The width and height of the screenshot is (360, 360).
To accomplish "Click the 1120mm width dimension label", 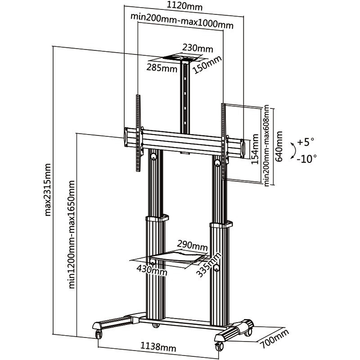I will click(x=184, y=7).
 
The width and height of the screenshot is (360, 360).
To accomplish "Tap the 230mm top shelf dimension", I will click(x=198, y=48).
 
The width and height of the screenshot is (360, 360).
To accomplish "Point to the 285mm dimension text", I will click(x=162, y=68).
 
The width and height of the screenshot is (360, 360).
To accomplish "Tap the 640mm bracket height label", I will click(x=279, y=147).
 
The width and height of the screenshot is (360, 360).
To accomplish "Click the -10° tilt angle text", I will click(x=307, y=158).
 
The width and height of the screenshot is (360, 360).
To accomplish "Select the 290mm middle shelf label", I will click(x=192, y=246).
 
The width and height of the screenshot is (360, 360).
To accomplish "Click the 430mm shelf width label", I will click(x=152, y=270).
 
